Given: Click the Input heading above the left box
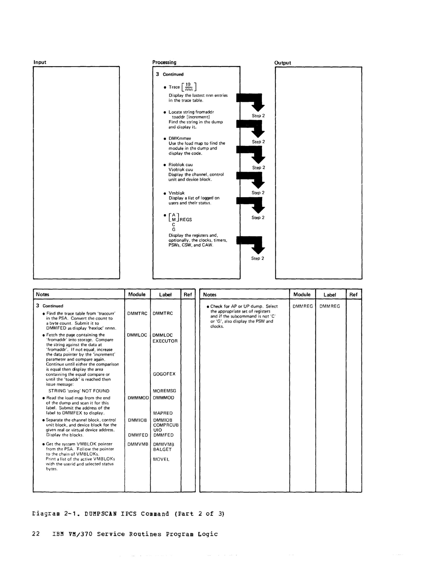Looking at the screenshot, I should [40, 62].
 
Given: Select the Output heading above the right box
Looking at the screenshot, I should [282, 63].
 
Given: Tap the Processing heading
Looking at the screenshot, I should [164, 62].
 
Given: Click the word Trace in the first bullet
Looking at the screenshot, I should [174, 87].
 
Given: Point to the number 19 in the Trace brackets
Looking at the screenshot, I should [188, 85].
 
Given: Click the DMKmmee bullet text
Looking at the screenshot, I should [180, 138].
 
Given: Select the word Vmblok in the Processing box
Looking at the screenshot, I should [176, 193].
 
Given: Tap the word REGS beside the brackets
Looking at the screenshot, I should [186, 220].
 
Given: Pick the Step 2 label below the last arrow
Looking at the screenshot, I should [258, 259].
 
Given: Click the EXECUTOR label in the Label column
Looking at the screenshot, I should [165, 341].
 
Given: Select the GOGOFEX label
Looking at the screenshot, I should [164, 374].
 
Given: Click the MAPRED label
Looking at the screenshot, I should [163, 413].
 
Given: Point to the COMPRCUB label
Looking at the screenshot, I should [166, 425].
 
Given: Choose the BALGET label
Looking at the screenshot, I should [162, 449].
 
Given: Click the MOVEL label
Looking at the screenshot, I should [161, 459].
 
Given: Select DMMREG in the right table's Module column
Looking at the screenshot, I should [303, 306].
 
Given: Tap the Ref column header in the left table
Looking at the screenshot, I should [188, 295].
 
